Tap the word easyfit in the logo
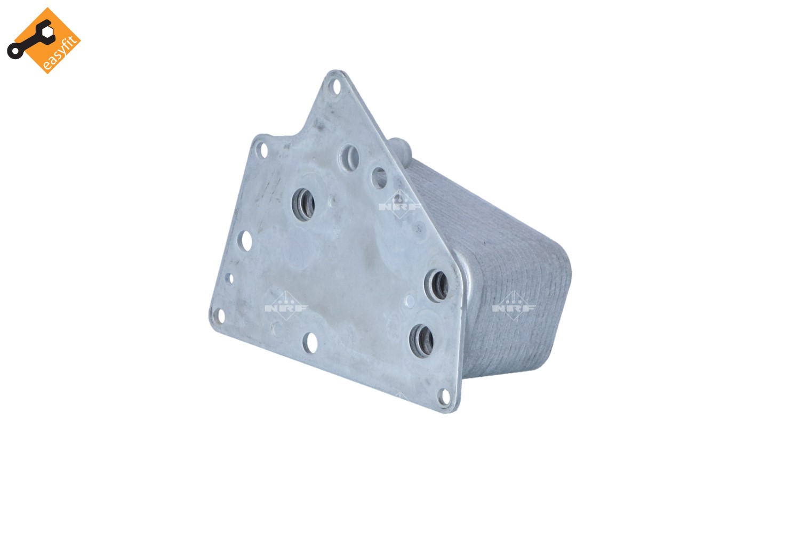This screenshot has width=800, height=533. (60, 53)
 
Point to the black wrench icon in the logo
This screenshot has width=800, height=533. (30, 39)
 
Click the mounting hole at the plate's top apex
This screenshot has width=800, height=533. (335, 86)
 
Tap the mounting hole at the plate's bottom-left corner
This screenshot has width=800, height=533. (221, 315)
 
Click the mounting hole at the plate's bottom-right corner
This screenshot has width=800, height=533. (444, 397)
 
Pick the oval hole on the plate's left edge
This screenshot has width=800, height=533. (246, 240)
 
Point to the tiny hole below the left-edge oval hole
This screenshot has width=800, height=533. (230, 278)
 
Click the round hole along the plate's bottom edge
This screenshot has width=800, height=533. (310, 343)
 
